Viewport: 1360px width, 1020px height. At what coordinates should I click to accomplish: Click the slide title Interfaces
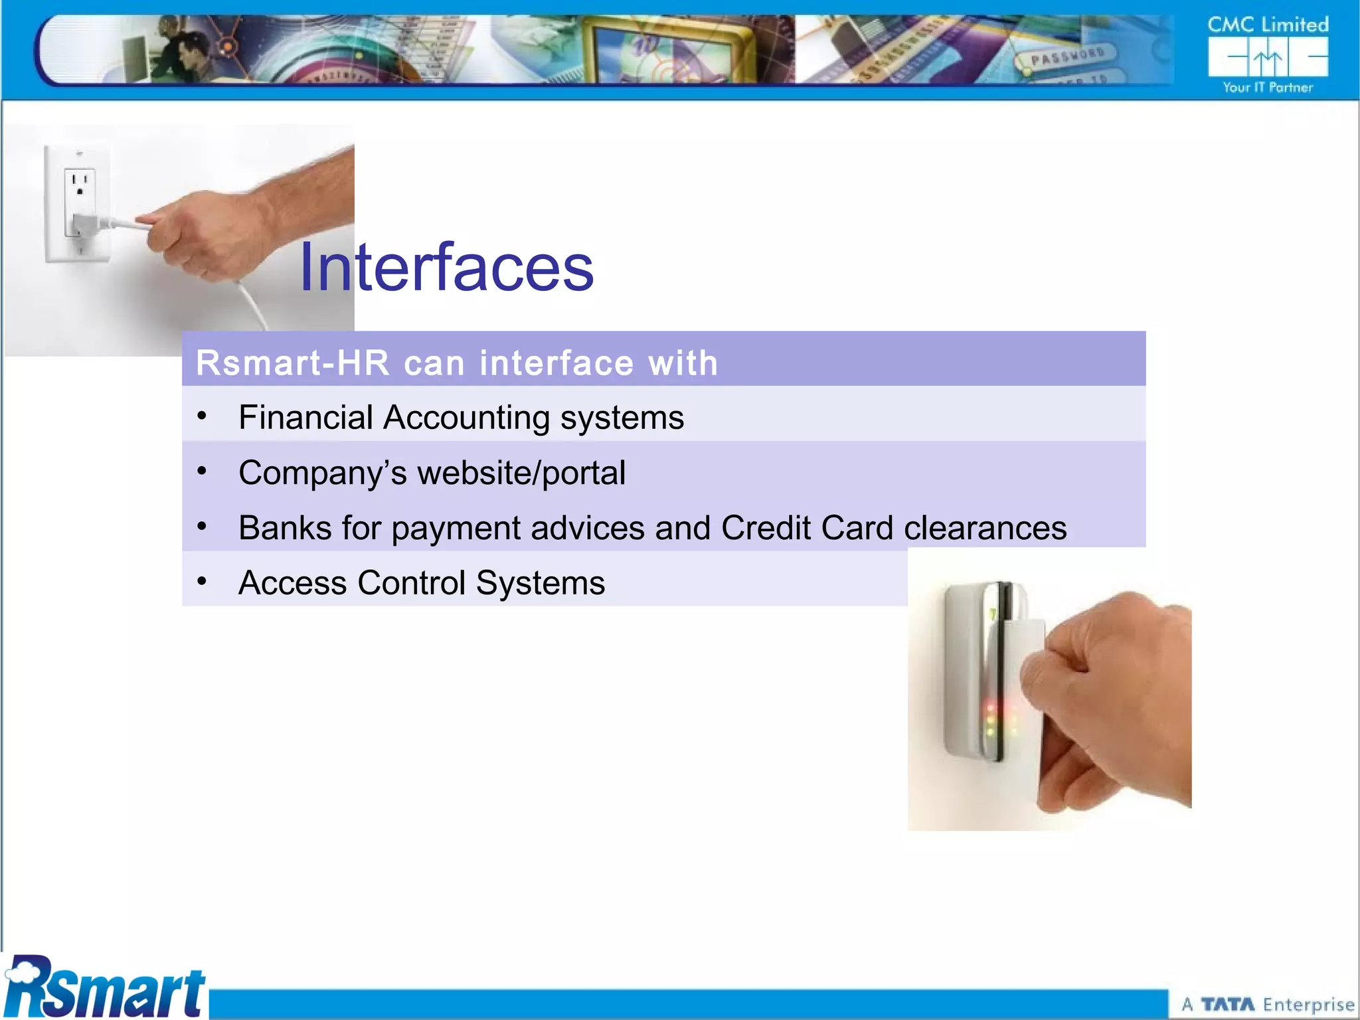coord(446,267)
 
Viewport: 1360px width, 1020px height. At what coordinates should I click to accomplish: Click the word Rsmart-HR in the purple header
coord(292,363)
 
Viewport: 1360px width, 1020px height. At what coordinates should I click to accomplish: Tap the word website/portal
coord(521,473)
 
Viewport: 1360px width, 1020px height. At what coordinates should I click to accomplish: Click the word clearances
coord(985,528)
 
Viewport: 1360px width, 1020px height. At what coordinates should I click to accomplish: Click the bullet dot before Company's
coord(202,471)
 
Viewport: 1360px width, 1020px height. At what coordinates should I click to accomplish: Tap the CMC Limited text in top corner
coord(1268,25)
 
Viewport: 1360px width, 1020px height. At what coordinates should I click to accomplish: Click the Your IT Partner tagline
coord(1268,88)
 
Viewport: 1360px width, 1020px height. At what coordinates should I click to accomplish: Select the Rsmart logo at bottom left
coord(105,987)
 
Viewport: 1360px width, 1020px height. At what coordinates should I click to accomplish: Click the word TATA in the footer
coord(1228,1005)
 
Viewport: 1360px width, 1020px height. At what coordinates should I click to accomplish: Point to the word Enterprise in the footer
coord(1308,1005)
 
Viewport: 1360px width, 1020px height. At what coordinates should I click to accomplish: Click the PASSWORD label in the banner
coord(1067,57)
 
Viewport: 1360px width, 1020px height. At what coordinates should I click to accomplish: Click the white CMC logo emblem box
coord(1268,57)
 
